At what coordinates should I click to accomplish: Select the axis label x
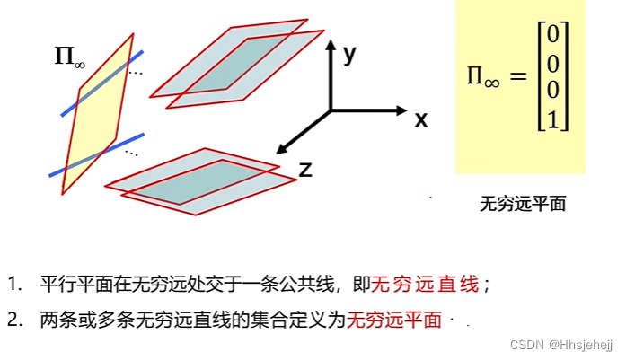coord(420,119)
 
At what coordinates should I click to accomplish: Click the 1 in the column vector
coord(553,119)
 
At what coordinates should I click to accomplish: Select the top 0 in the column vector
coord(553,35)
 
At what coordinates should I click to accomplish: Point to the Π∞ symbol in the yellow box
coord(482,77)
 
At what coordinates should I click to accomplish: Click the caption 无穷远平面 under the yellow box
coord(523,204)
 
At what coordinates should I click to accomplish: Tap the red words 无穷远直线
coord(426,285)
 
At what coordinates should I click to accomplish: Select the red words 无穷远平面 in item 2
coord(394,320)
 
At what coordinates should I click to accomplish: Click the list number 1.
coord(13,285)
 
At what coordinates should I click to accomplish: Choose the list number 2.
coord(13,320)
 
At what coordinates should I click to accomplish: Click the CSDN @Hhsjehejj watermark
coord(560,345)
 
